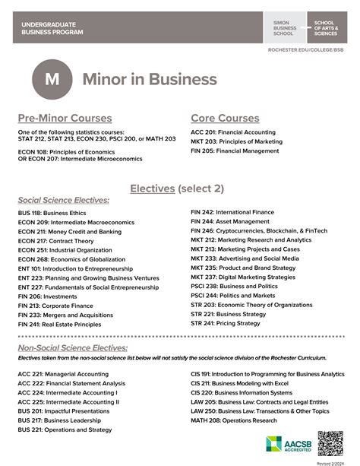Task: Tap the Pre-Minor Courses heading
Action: [x=65, y=118]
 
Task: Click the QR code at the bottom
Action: [x=331, y=444]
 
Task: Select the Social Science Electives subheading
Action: [x=64, y=200]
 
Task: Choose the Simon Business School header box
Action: [x=286, y=28]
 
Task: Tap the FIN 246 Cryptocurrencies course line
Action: [x=259, y=230]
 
